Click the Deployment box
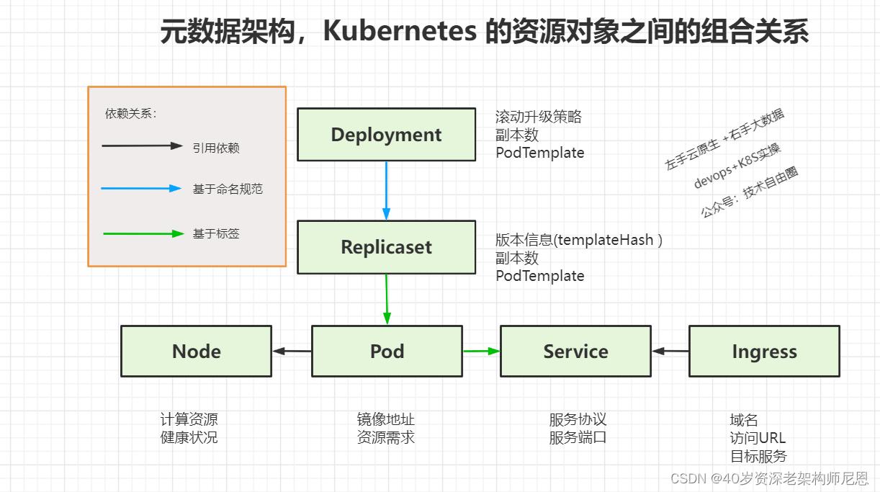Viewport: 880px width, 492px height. pos(386,135)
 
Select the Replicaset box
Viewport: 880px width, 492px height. pos(386,247)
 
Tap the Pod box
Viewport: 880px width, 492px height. pos(387,352)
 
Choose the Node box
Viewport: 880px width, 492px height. pos(196,352)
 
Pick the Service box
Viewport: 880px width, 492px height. pos(575,352)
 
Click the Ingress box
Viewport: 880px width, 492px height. pos(764,352)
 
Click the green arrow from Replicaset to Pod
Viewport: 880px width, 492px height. pos(387,299)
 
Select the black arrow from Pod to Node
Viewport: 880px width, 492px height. pos(292,352)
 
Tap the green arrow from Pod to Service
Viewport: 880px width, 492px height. pos(481,352)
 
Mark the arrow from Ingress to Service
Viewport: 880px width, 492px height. pos(670,352)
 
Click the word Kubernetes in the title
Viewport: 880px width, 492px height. pos(399,32)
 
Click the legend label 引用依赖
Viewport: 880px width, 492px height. pos(216,148)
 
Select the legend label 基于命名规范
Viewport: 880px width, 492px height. pos(228,189)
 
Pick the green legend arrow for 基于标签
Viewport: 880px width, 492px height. pos(143,233)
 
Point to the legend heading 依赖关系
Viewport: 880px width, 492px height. pos(130,113)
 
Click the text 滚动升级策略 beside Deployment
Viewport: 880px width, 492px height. pos(539,117)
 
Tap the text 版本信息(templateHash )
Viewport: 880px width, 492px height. pos(578,241)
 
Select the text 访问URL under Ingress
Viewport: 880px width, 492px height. pos(758,438)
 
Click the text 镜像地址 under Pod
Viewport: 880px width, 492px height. pos(386,419)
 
